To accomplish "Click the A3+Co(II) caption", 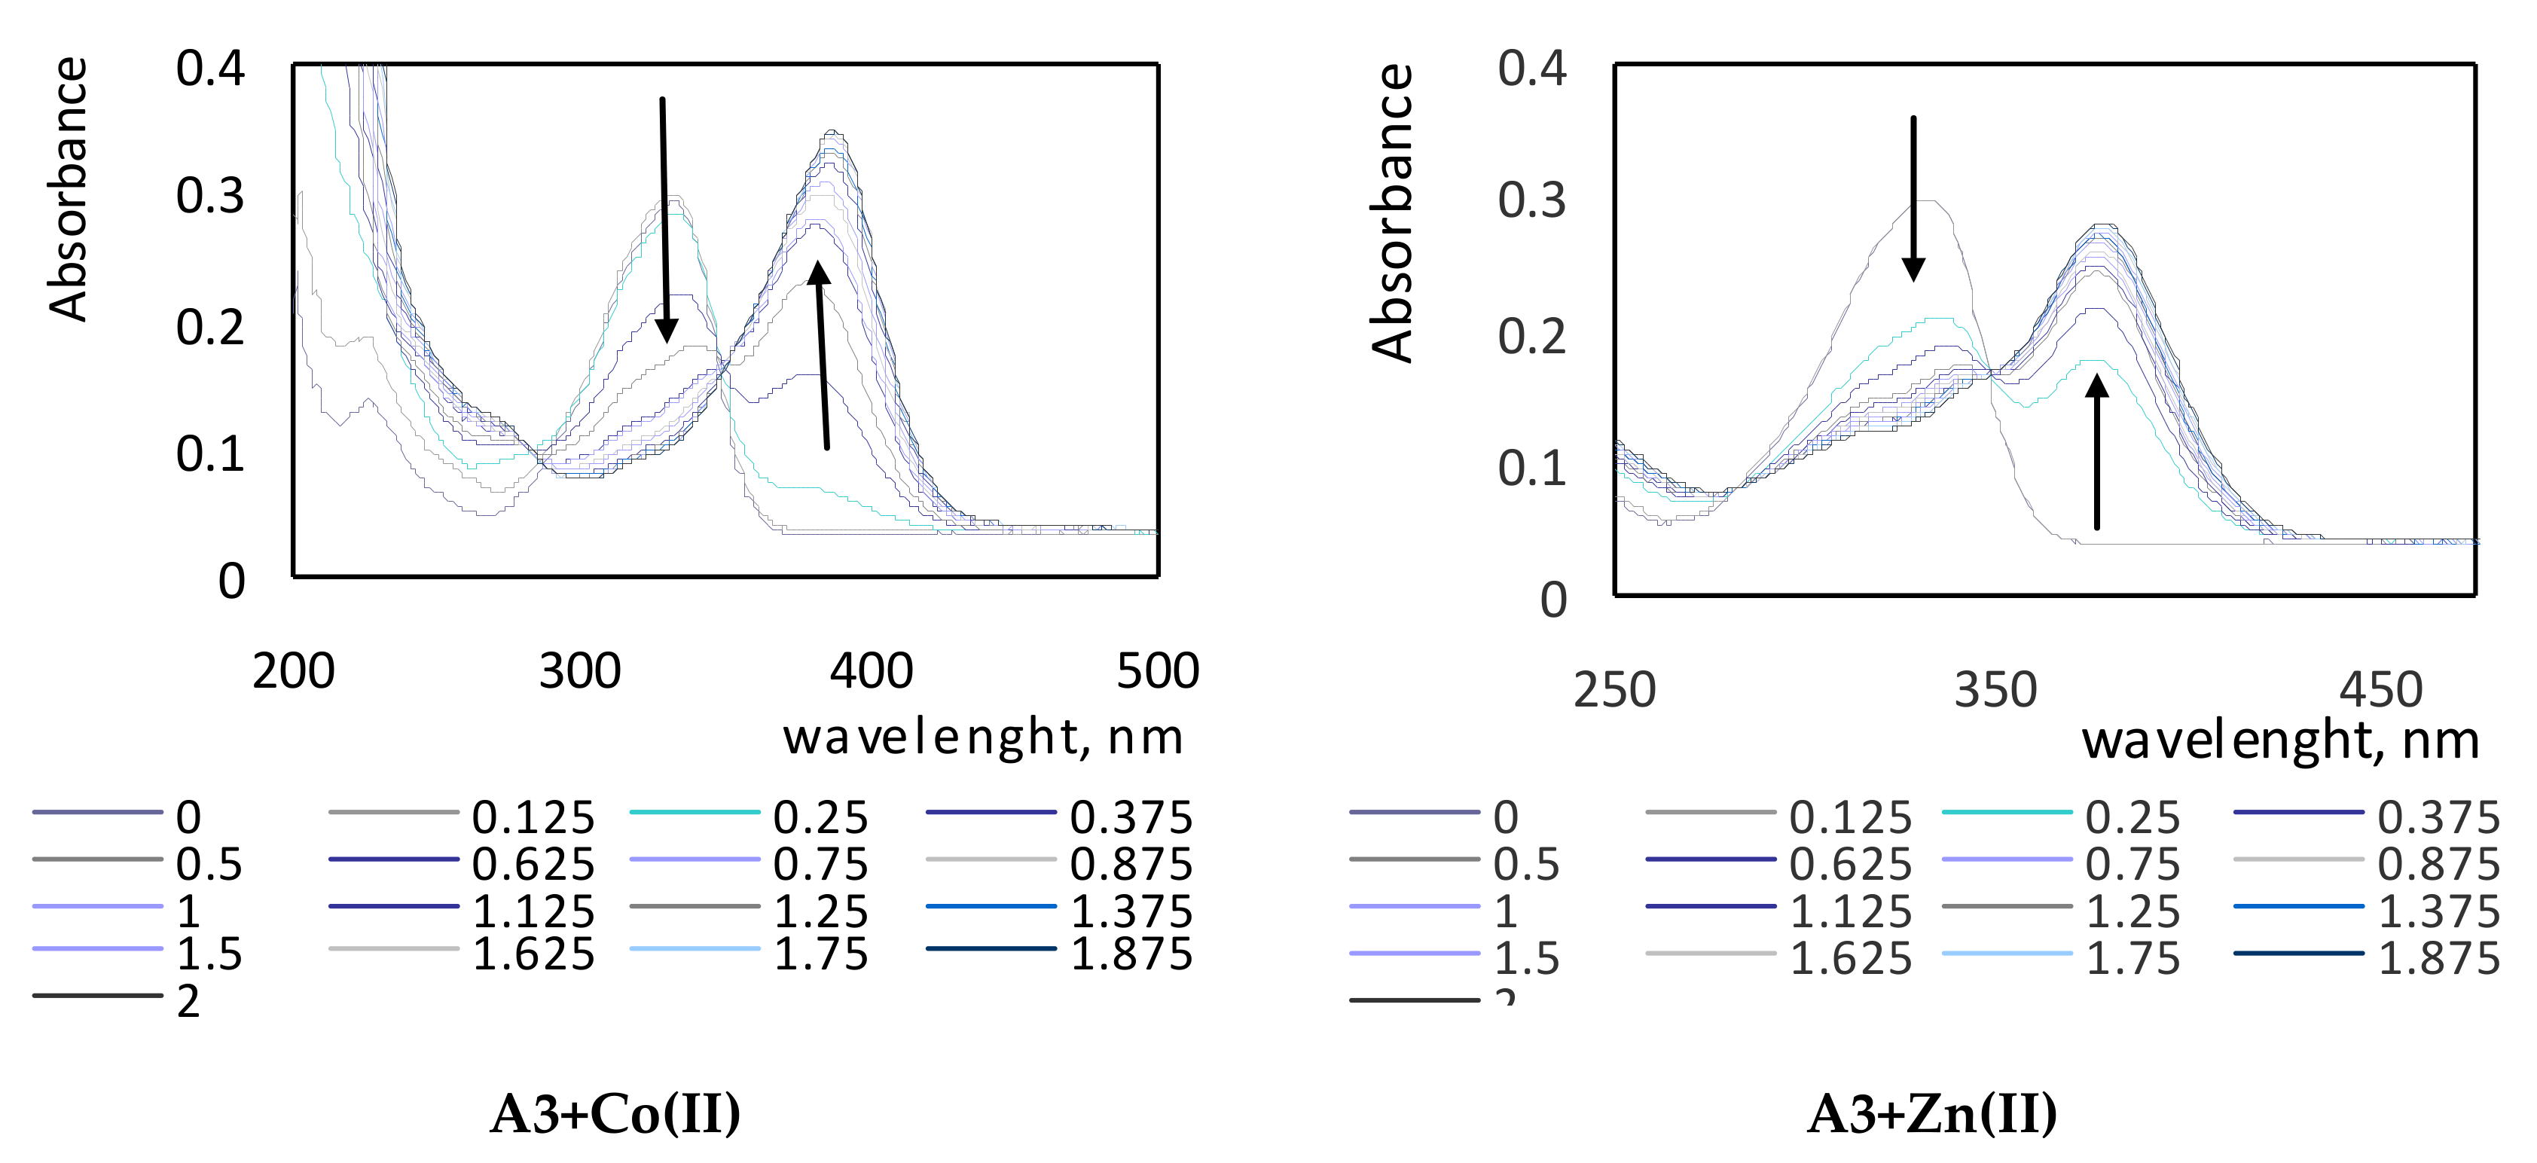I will [615, 1114].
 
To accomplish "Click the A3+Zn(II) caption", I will [1931, 1114].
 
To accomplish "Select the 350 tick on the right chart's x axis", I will [1995, 689].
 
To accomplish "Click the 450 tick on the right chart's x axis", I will [2380, 689].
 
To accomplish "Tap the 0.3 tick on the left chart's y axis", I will [209, 196].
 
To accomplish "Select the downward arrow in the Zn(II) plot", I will [1913, 197].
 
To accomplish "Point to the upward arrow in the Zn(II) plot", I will [2097, 453].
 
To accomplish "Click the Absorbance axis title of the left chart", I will [69, 189].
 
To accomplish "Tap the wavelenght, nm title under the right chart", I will [2280, 740].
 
